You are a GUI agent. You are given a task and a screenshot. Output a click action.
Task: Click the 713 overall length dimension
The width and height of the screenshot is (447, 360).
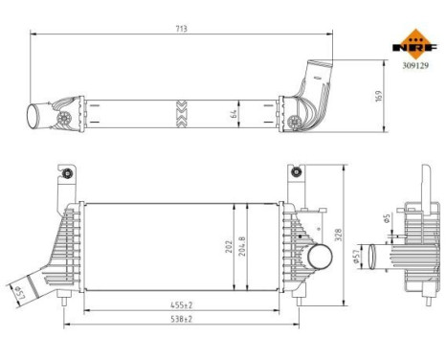[182, 30]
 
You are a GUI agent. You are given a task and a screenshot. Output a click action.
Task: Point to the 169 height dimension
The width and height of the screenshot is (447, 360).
[379, 97]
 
